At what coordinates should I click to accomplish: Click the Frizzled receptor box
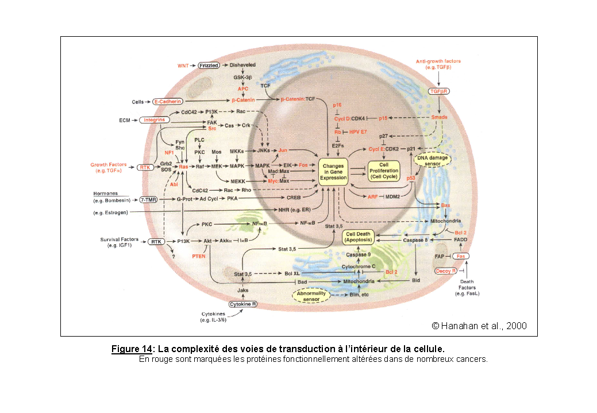(209, 65)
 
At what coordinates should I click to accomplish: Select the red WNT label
(183, 65)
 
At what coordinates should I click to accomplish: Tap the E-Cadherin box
(167, 102)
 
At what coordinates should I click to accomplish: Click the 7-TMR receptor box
(149, 200)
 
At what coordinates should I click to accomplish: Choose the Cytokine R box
(243, 304)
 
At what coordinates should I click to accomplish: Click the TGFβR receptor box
(440, 91)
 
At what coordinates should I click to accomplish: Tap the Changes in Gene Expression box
(334, 171)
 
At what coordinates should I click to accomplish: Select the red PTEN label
(198, 256)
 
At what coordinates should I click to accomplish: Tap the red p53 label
(411, 179)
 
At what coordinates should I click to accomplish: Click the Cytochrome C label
(359, 267)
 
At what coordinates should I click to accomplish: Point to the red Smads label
(440, 117)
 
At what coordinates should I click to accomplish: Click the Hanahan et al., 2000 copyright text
(479, 326)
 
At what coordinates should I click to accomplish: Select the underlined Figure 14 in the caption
(132, 349)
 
